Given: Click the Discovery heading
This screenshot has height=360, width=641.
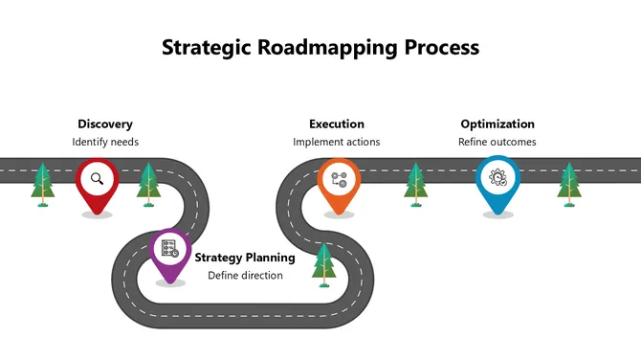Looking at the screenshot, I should click(x=105, y=124).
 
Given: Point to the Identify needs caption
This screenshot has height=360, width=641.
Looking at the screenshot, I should click(x=105, y=142).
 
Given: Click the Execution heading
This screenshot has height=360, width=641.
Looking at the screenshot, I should click(x=337, y=124).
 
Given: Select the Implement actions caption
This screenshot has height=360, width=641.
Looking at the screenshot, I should click(x=337, y=142).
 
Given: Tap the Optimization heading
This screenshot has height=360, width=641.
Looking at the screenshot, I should click(x=497, y=124).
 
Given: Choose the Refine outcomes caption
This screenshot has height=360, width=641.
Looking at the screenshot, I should click(x=497, y=142).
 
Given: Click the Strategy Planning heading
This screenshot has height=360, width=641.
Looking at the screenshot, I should click(x=245, y=258).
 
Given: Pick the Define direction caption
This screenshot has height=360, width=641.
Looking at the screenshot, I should click(x=246, y=276).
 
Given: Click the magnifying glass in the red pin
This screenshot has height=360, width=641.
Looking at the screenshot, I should click(x=97, y=178).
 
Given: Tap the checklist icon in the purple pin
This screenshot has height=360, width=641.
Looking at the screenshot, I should click(x=169, y=248).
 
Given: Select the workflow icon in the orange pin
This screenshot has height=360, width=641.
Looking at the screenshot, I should click(x=337, y=177).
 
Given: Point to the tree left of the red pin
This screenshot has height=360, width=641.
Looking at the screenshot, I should click(x=41, y=184).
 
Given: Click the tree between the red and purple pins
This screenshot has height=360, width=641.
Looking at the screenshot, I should click(x=147, y=184).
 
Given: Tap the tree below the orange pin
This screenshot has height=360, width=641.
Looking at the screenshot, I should click(x=325, y=263).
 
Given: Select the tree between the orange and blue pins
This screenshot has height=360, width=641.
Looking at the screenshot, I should click(x=415, y=184).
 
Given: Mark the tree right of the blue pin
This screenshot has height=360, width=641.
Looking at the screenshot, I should click(x=569, y=184).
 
